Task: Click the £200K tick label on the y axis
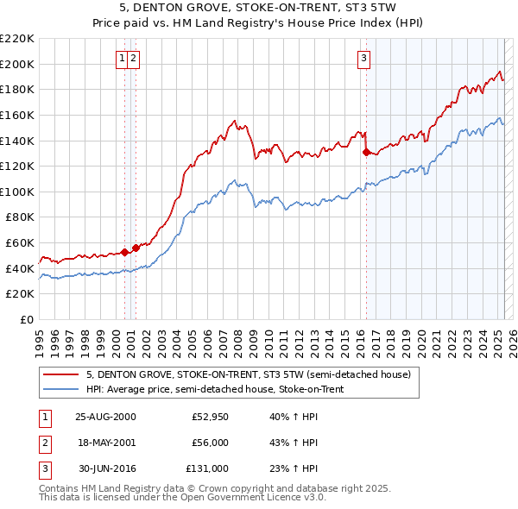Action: tap(18, 64)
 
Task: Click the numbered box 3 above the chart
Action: tap(363, 59)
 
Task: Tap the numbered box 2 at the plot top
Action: tap(135, 59)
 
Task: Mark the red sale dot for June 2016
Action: tap(366, 152)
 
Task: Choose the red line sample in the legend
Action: tap(60, 374)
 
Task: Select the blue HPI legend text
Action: tap(215, 389)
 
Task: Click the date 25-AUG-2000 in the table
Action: tap(105, 417)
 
